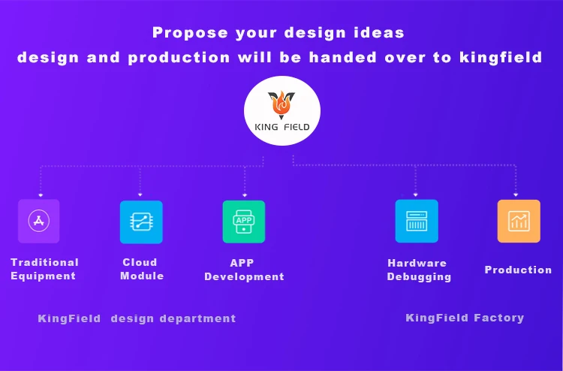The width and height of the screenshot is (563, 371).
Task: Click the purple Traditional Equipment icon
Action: click(x=39, y=221)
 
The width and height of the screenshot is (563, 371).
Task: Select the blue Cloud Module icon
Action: click(x=141, y=222)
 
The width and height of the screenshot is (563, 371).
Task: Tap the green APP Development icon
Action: click(x=244, y=222)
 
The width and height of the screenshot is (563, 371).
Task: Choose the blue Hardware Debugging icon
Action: click(x=417, y=221)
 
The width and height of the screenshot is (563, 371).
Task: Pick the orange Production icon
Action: click(x=519, y=221)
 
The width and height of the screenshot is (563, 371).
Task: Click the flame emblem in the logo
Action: click(x=281, y=104)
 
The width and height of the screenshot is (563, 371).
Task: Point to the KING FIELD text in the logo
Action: click(x=281, y=127)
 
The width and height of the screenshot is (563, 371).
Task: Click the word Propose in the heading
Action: click(x=190, y=33)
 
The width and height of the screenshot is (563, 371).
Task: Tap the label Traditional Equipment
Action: click(x=44, y=269)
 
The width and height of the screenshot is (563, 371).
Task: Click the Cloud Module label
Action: click(x=141, y=269)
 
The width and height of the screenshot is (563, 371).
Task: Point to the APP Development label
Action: click(x=244, y=270)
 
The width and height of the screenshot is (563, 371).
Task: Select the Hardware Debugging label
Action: click(x=419, y=270)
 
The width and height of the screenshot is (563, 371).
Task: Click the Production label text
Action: click(x=518, y=270)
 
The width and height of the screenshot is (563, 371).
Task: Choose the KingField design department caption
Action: click(x=137, y=318)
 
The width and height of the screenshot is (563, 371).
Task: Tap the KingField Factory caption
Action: click(x=465, y=318)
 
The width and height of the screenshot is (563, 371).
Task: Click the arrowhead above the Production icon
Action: click(x=516, y=195)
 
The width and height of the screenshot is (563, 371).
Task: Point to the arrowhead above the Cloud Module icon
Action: click(x=140, y=195)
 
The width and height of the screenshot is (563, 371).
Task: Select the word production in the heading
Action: click(x=179, y=58)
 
